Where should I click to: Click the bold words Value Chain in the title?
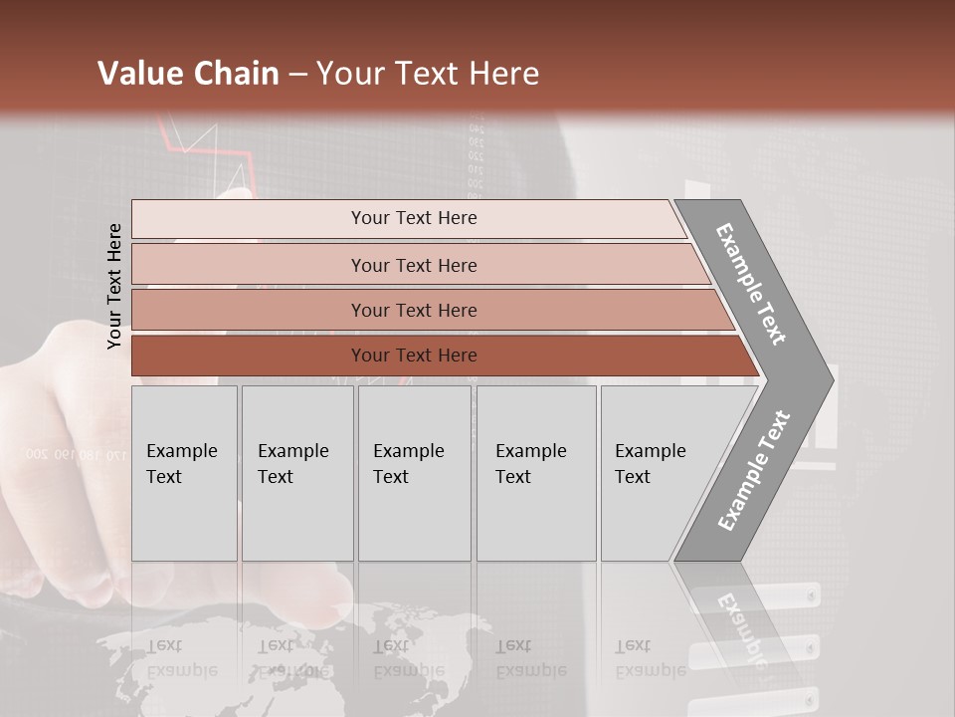[188, 74]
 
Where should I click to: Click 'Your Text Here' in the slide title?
[428, 74]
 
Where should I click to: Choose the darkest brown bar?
[249, 356]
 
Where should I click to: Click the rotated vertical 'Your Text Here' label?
[114, 286]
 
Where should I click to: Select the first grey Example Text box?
[184, 473]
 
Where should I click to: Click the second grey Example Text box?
[296, 473]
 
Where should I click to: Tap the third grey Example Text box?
[414, 473]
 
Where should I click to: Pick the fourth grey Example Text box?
[535, 473]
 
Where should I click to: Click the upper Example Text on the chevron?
[751, 284]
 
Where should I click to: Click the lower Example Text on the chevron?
[754, 470]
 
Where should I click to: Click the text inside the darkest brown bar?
[414, 356]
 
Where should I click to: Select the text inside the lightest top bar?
[414, 218]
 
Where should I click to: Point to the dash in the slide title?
[297, 75]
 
